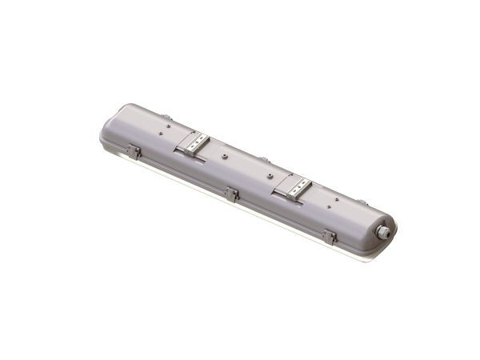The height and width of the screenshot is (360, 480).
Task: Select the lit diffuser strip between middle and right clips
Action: click(280, 225)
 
